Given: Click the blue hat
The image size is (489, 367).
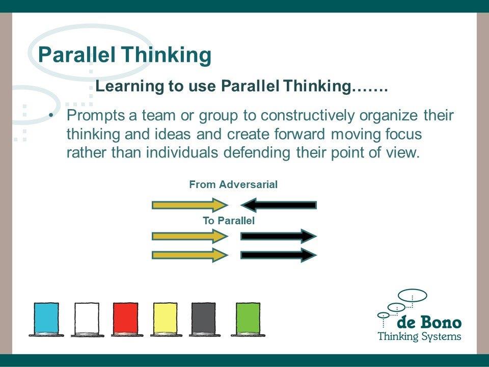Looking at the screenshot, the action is pos(46,319).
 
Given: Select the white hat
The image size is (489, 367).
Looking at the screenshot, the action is pos(87,319).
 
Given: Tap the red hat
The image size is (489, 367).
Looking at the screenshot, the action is pos(126,319).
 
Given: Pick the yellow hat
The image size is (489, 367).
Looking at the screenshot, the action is pos(166,319).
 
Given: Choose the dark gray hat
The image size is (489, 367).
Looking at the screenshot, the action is pos(204,319).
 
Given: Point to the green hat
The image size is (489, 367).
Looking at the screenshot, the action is pos(248,319).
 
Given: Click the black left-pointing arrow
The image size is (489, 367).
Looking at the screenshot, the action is pos(279,205).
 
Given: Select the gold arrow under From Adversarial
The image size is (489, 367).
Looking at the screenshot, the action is pos(190,205).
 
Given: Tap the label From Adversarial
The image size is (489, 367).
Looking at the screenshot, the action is pos(233,185).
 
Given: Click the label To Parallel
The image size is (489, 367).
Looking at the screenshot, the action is pos(229,221).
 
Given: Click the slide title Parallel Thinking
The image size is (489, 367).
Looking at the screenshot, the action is pos(124,55).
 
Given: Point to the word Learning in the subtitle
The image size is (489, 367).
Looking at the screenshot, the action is pos(129,86).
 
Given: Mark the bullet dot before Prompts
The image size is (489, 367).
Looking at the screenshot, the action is pos(51,116).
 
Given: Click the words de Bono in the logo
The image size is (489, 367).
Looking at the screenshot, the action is pos(429,322).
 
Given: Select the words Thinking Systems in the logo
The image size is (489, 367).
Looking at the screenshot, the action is pos(419,336).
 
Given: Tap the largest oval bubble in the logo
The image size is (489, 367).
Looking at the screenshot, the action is pos(413,296).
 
